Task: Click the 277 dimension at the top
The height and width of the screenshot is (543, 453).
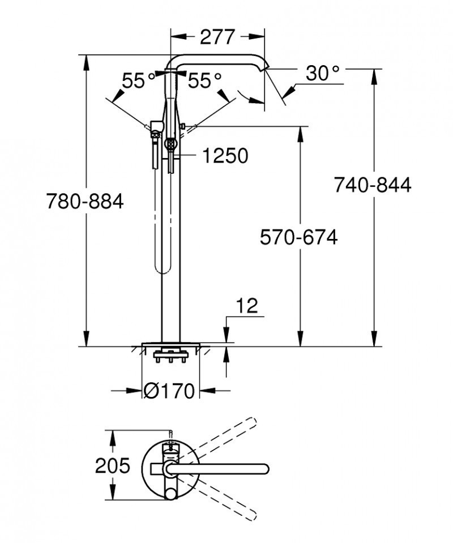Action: (217, 37)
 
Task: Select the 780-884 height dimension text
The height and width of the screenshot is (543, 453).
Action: (84, 201)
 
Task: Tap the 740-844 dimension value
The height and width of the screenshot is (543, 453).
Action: (372, 185)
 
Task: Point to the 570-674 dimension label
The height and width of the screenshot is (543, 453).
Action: (298, 237)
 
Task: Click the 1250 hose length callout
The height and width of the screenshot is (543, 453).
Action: (225, 156)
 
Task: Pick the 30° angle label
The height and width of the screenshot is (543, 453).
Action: (323, 73)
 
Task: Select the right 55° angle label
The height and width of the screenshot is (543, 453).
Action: (204, 81)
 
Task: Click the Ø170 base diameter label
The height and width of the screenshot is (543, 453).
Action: (169, 391)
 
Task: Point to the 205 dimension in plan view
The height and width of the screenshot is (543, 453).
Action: (112, 465)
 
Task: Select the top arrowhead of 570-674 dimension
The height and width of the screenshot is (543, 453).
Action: (300, 131)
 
